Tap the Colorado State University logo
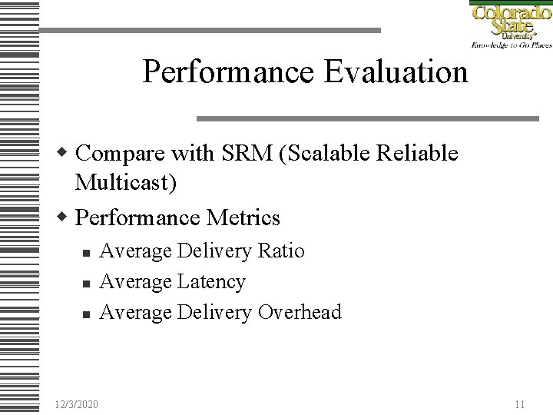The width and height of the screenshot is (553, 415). [510, 25]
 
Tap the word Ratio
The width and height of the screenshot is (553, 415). [280, 251]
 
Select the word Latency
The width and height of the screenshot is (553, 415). [211, 282]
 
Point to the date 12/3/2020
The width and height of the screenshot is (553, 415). [77, 403]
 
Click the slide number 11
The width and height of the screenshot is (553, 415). [520, 403]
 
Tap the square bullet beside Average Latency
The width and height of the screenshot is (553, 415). [86, 284]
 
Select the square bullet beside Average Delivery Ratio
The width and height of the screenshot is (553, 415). [86, 253]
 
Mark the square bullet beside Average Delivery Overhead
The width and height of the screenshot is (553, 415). [86, 314]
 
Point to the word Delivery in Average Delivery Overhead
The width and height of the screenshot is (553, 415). [214, 312]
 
